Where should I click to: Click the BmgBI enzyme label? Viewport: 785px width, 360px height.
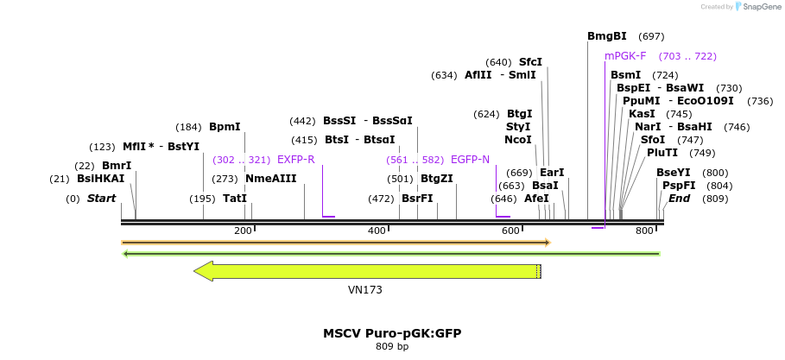(607, 36)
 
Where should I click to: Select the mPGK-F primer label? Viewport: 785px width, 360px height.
(625, 56)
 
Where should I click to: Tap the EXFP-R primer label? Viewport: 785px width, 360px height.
(295, 160)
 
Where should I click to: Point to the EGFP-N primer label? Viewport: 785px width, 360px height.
(470, 160)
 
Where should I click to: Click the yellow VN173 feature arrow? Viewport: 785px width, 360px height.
(371, 271)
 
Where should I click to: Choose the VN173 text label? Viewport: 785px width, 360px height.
(364, 290)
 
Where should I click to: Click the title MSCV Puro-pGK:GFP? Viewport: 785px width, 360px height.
(398, 332)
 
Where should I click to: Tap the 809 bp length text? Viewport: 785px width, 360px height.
(392, 346)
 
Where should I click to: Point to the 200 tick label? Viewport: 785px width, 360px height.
(243, 231)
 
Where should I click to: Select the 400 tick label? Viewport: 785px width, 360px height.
(377, 231)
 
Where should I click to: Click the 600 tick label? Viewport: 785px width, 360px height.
(510, 231)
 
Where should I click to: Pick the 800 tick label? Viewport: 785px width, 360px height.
(644, 231)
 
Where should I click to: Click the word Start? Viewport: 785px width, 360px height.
(101, 199)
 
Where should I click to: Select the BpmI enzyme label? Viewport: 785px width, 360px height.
(225, 127)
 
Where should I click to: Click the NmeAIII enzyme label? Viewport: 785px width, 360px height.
(270, 179)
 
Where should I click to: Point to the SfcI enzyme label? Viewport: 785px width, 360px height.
(530, 62)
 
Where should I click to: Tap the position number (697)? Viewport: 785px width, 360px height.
(651, 36)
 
